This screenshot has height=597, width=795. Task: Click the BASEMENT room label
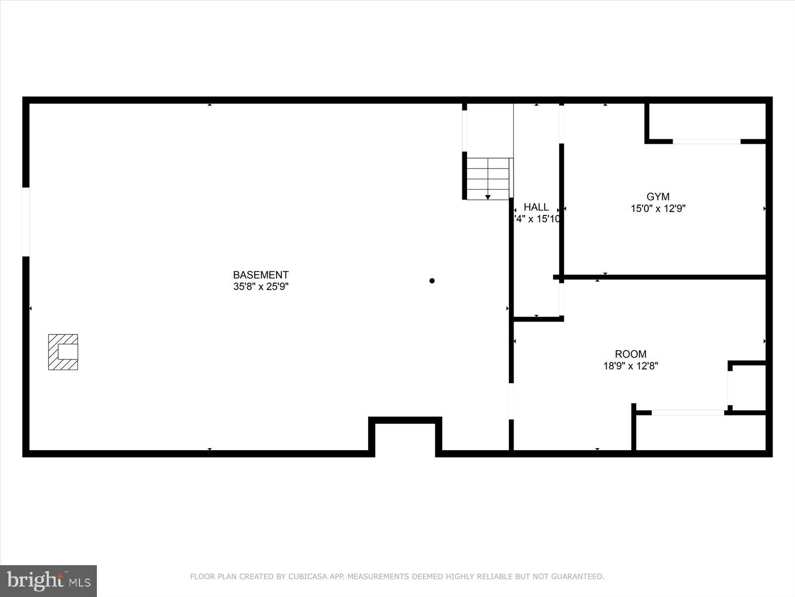(261, 275)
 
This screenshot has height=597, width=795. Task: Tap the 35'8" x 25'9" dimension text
(261, 287)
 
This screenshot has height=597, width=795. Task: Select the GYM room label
(658, 197)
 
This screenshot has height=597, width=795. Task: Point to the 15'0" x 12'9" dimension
(658, 209)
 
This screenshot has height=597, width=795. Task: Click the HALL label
(536, 207)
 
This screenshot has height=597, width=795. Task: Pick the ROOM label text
(631, 354)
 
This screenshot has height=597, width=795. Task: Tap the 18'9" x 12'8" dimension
(631, 366)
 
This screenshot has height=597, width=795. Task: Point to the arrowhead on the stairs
(488, 197)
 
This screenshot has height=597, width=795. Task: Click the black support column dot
(432, 281)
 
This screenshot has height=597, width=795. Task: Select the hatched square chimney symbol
(63, 352)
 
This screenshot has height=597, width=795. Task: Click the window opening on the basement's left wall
(26, 222)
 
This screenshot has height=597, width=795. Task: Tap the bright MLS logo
(49, 581)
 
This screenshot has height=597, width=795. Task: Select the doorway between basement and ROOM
(511, 401)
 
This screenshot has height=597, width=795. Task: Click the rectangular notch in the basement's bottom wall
(405, 438)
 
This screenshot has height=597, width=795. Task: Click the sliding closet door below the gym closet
(706, 142)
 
